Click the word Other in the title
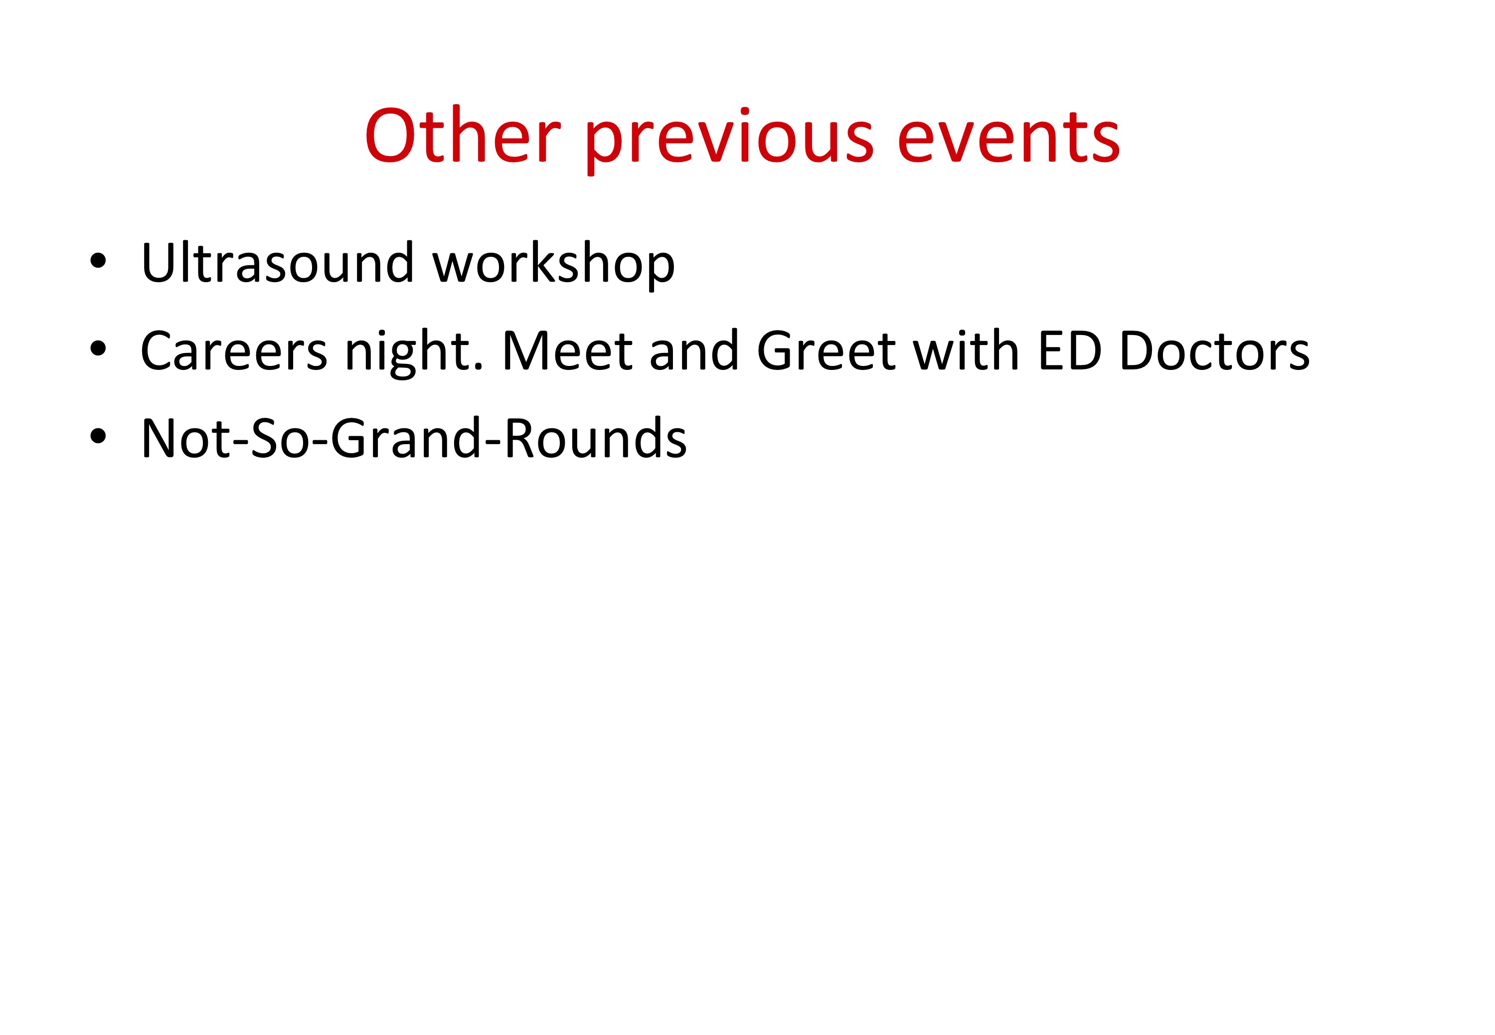pos(462,136)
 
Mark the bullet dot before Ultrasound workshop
pos(98,261)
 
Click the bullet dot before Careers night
pos(98,348)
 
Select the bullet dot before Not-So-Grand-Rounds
pos(98,436)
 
